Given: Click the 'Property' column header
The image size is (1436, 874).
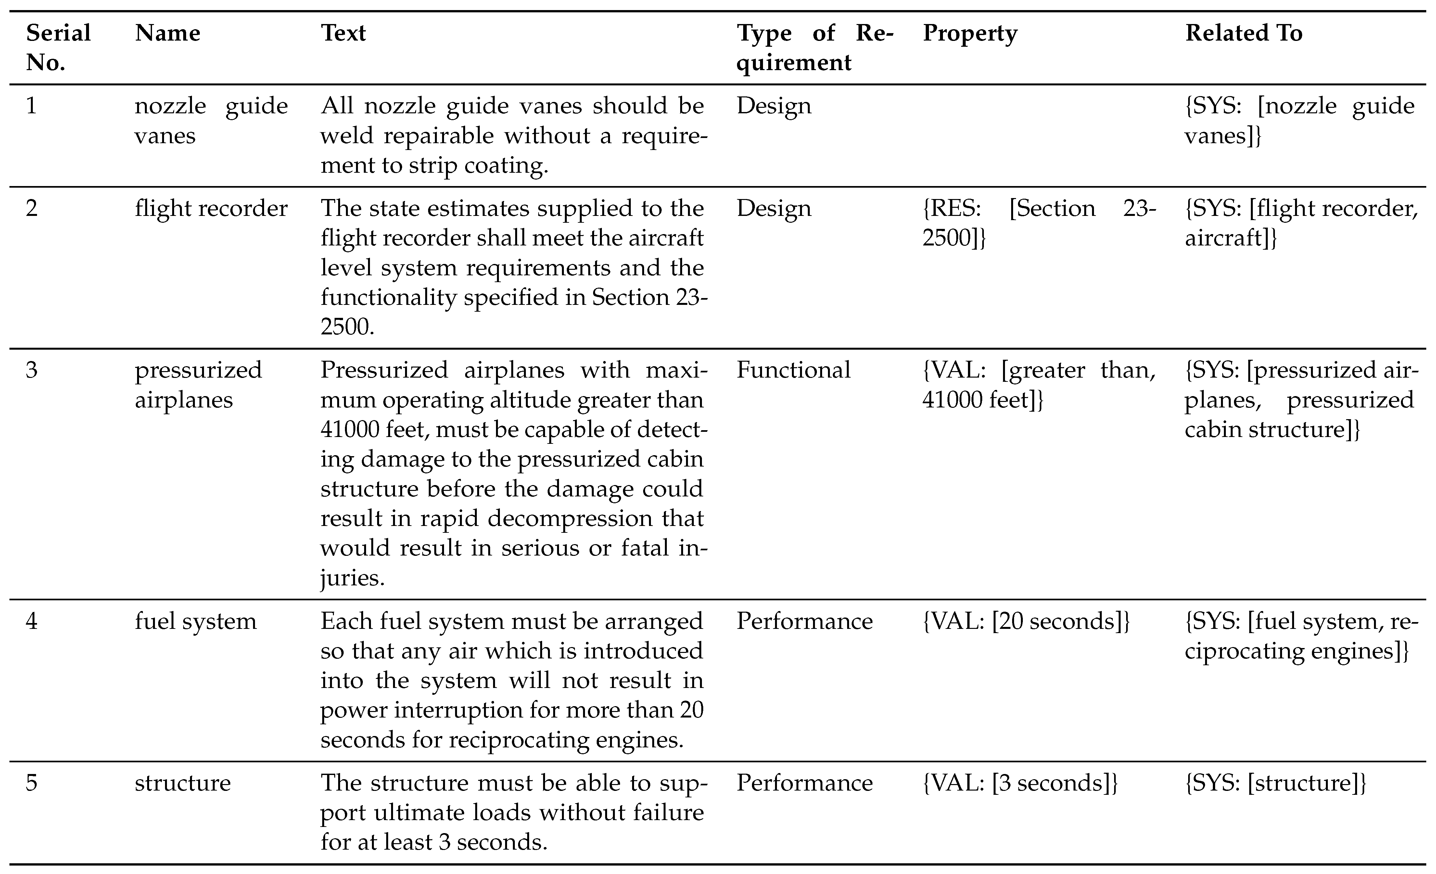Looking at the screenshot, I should pos(970,33).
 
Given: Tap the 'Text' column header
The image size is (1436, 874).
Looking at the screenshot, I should pos(343,33).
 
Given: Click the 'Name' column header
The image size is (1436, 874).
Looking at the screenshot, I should pos(167,33).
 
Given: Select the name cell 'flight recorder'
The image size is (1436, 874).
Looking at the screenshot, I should pos(211,208).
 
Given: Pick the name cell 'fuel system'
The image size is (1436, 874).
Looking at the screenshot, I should pos(195,621).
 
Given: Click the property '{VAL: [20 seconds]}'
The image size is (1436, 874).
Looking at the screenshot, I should pos(1026,621).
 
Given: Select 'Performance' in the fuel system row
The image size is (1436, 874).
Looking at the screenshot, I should pos(804,621).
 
